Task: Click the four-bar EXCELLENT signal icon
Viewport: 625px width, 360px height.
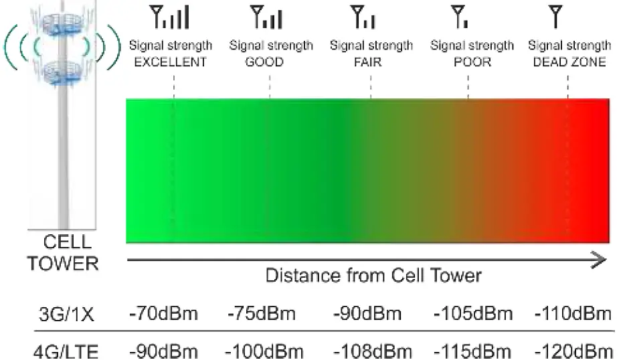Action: pos(171,17)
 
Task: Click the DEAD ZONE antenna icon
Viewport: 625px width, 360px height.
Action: pos(555,16)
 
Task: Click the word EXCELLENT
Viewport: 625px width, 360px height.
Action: pos(171,62)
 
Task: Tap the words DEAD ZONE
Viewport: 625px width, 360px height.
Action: pos(569,62)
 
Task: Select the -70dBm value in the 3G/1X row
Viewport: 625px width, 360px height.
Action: pos(163,313)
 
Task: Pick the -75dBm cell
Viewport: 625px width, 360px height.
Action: pos(263,313)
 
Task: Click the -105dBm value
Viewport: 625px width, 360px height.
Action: pos(474,313)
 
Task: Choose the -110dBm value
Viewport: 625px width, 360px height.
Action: pos(573,313)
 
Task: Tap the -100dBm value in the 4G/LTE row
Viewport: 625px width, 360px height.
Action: pos(264,351)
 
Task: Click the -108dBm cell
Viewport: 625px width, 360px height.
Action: pos(372,351)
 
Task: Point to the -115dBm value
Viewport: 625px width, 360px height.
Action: pos(474,351)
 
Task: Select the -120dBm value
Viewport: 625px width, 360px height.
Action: pos(573,351)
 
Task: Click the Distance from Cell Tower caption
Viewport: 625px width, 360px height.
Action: pos(373,275)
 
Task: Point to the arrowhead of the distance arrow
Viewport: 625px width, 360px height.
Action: pos(602,259)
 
